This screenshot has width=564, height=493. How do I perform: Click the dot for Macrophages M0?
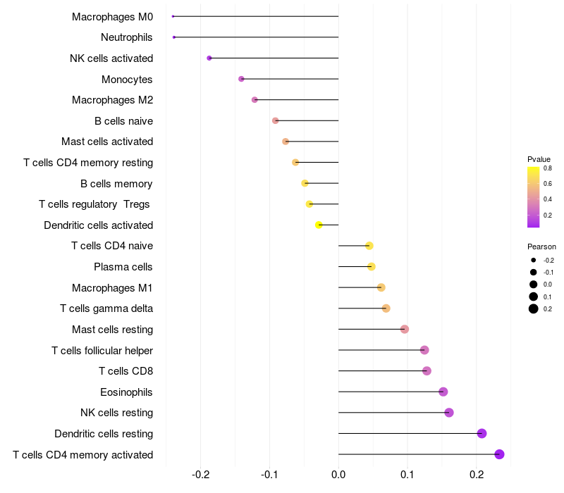pyautogui.click(x=173, y=16)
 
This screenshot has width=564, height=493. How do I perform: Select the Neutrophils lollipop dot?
pyautogui.click(x=174, y=37)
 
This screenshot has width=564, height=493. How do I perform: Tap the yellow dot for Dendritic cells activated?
pyautogui.click(x=319, y=225)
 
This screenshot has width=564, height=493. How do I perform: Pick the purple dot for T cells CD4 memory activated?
pyautogui.click(x=499, y=454)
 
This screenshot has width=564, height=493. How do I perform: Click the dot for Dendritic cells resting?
pyautogui.click(x=482, y=433)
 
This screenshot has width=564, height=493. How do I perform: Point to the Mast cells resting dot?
pyautogui.click(x=405, y=329)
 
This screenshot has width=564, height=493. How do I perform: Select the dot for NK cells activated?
pyautogui.click(x=209, y=58)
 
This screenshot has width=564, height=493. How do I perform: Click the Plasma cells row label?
pyautogui.click(x=123, y=267)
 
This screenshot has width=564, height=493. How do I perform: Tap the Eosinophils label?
pyautogui.click(x=126, y=392)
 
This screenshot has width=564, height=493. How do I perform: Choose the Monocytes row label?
pyautogui.click(x=127, y=80)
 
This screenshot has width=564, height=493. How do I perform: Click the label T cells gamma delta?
pyautogui.click(x=106, y=308)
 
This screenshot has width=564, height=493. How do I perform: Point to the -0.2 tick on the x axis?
pyautogui.click(x=201, y=475)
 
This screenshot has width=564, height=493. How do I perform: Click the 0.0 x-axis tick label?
pyautogui.click(x=338, y=475)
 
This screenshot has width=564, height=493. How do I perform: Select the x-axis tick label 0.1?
pyautogui.click(x=407, y=475)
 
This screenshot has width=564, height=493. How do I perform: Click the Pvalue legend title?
pyautogui.click(x=539, y=159)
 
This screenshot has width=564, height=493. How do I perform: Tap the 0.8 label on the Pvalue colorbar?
pyautogui.click(x=548, y=168)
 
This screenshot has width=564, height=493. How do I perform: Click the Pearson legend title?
pyautogui.click(x=541, y=246)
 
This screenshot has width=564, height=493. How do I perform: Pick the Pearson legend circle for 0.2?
pyautogui.click(x=534, y=308)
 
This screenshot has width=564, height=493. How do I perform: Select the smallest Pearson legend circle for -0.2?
pyautogui.click(x=534, y=260)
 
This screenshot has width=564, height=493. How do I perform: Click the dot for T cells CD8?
pyautogui.click(x=427, y=371)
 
